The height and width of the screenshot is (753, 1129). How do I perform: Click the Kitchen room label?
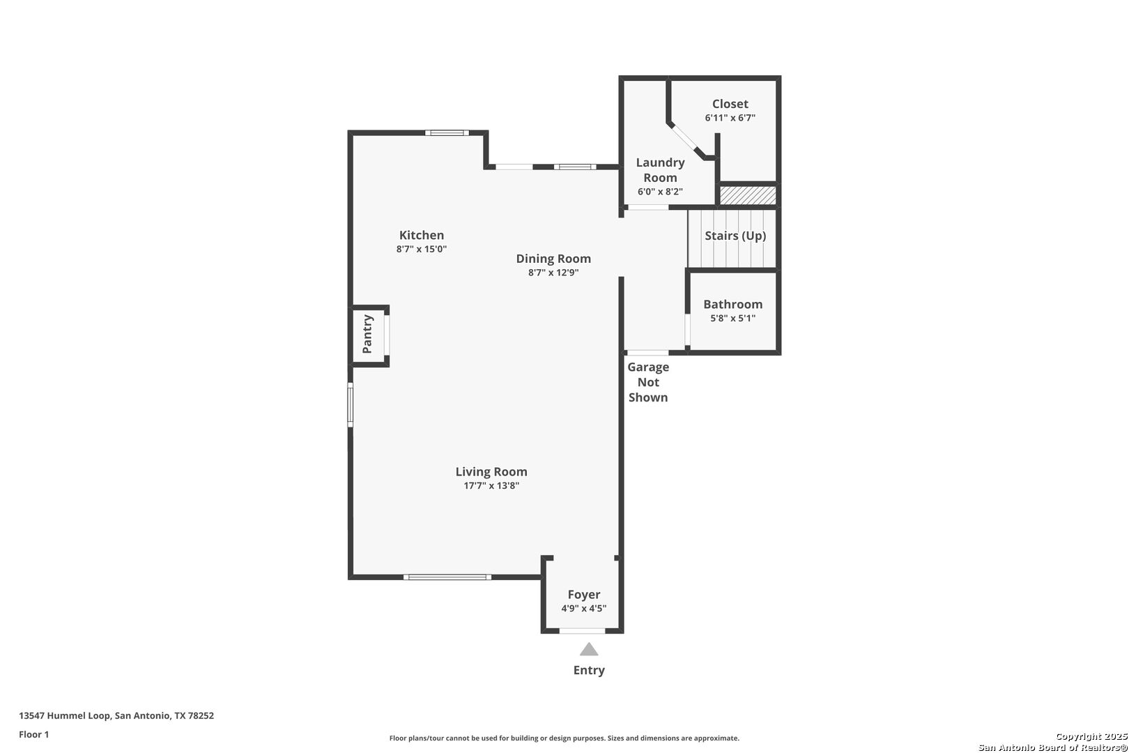(422, 235)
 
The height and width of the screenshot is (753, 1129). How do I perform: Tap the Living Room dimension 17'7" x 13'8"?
(491, 486)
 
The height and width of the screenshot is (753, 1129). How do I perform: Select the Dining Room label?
(553, 259)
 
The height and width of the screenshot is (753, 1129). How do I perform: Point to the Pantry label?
(367, 334)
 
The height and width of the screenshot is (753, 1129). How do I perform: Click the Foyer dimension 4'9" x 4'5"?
(583, 608)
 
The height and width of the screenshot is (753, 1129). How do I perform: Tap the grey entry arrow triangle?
(589, 649)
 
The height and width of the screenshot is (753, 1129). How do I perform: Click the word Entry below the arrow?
(589, 670)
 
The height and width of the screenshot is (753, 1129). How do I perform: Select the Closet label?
(730, 104)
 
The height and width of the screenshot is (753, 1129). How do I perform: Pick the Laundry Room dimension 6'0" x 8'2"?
(660, 192)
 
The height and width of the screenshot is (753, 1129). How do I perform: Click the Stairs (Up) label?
(735, 236)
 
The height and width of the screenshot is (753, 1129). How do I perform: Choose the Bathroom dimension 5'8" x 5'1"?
(733, 318)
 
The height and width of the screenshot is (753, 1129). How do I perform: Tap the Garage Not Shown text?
(648, 382)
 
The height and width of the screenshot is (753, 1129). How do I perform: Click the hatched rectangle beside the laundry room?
(748, 195)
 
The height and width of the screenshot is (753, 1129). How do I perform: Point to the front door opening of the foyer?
(582, 631)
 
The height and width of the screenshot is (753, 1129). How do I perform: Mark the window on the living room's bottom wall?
(447, 577)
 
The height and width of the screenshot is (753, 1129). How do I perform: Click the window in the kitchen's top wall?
(447, 133)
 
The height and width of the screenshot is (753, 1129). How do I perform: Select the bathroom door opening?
(687, 329)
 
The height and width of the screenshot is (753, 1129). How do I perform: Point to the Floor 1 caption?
(33, 734)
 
